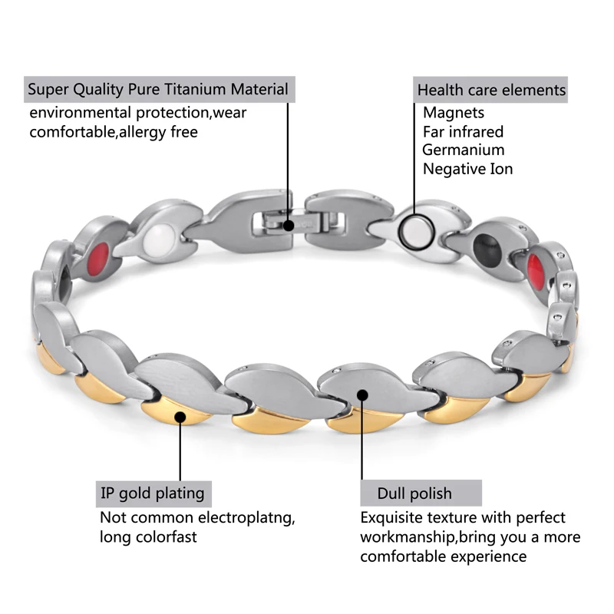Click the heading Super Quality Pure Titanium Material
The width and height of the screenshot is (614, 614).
click(158, 89)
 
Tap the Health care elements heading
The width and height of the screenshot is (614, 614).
click(491, 90)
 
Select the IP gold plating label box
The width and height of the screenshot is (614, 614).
click(152, 493)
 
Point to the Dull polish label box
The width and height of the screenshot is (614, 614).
click(414, 494)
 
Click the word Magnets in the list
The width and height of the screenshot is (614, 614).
click(454, 113)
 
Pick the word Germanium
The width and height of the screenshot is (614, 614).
click(464, 150)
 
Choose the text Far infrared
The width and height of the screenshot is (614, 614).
click(464, 132)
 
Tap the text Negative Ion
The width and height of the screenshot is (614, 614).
click(467, 169)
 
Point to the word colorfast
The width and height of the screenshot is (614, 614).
click(163, 536)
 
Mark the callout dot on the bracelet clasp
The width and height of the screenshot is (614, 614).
click(289, 226)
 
